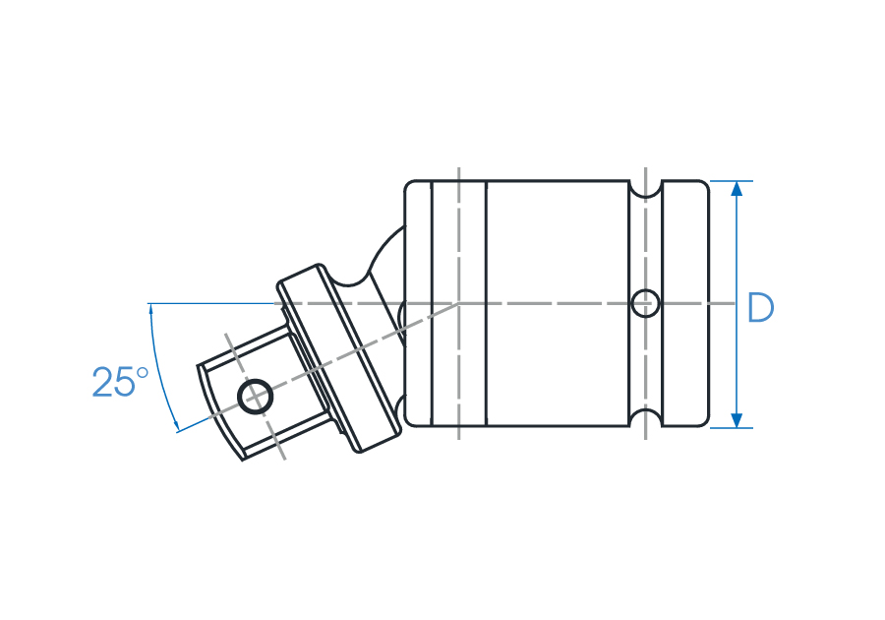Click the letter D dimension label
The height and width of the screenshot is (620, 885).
click(x=760, y=308)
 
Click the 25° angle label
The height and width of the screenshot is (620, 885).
click(x=120, y=382)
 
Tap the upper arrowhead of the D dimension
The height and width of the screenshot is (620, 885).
click(x=736, y=189)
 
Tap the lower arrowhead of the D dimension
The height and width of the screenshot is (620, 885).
click(x=736, y=420)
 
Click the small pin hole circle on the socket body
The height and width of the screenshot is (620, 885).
click(x=645, y=304)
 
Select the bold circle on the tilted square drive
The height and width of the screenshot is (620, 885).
click(x=255, y=397)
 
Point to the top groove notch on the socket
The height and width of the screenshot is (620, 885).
click(x=645, y=190)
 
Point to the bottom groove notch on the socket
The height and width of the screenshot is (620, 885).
click(x=645, y=418)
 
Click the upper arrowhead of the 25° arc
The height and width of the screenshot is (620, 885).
click(x=151, y=311)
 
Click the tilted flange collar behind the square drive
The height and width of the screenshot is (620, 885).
click(x=338, y=358)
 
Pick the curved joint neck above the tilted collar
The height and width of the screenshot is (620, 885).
click(x=377, y=265)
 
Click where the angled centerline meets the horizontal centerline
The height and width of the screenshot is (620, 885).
click(x=458, y=304)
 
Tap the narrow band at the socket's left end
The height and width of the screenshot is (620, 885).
click(x=418, y=304)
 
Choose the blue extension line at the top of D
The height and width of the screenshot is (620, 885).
click(x=731, y=181)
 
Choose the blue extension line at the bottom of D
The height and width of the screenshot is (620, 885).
click(x=731, y=428)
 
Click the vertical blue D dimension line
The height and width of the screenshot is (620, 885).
click(x=736, y=304)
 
